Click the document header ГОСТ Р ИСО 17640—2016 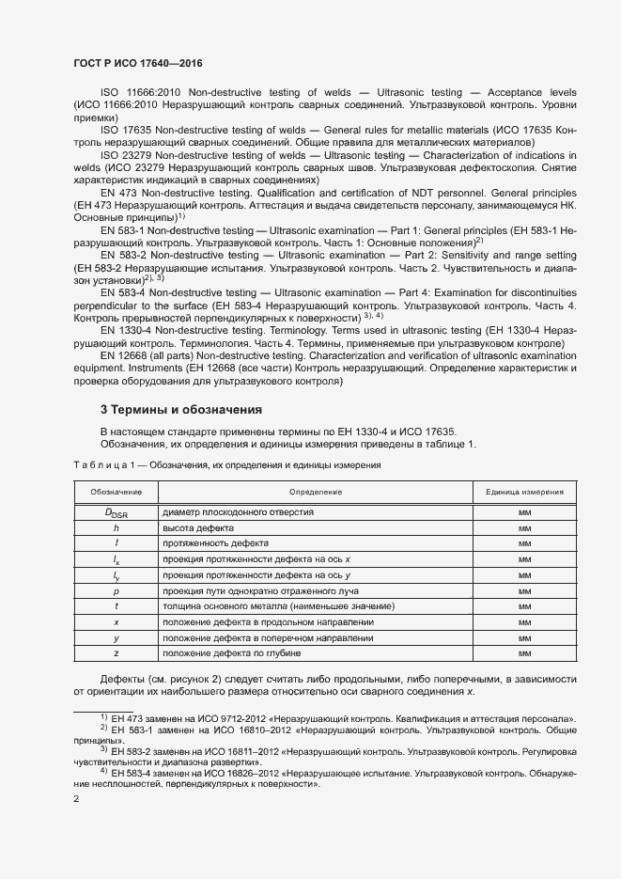click(137, 64)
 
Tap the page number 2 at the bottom click(76, 799)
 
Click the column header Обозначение click(116, 492)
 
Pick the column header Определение click(315, 492)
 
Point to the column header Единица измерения click(524, 492)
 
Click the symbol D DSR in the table click(116, 513)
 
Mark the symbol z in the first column click(116, 652)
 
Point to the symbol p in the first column click(116, 591)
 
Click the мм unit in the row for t click(524, 606)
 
